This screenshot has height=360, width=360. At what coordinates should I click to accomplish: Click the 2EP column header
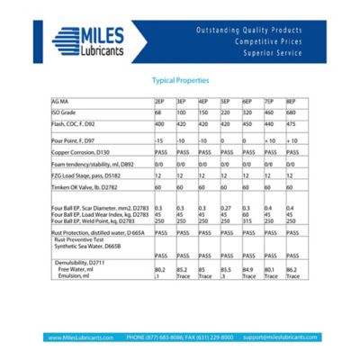[159, 100]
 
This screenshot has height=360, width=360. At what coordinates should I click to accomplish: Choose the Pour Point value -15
[159, 141]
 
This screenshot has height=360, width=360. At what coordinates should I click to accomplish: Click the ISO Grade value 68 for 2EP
[157, 111]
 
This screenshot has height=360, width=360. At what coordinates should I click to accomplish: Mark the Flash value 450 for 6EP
[247, 121]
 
